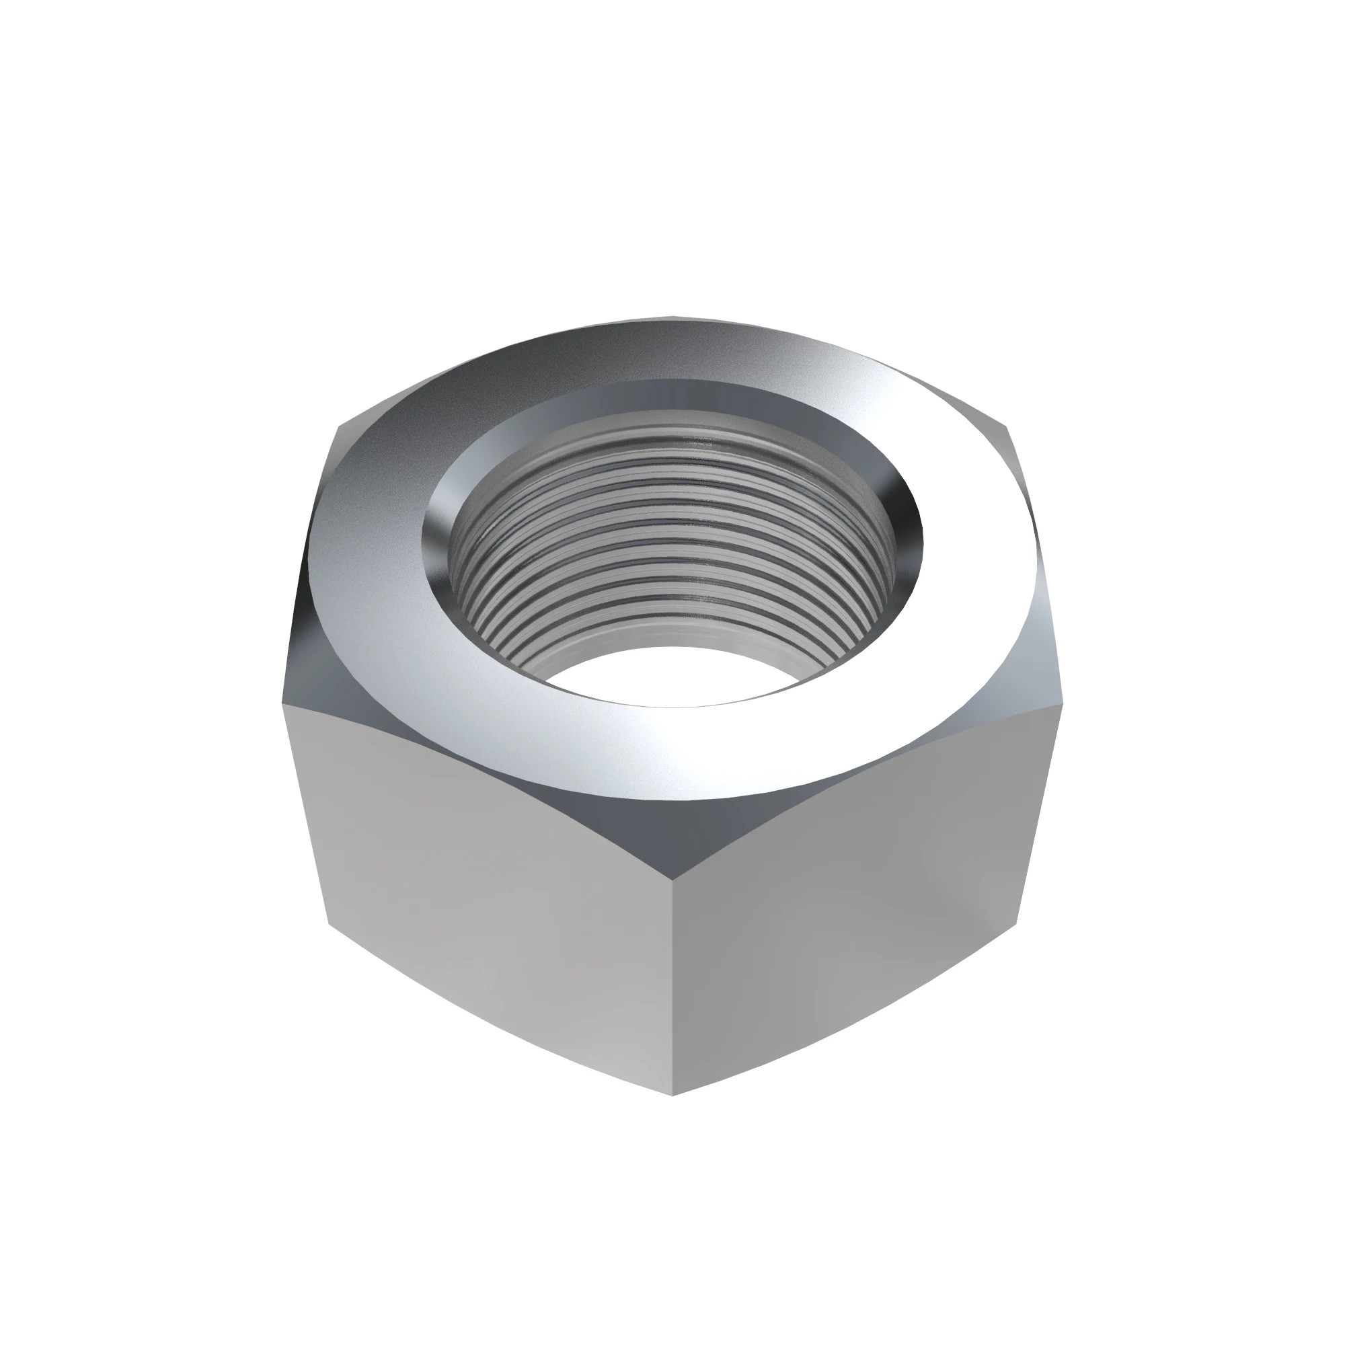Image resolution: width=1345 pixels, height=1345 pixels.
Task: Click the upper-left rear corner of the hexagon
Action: (x=339, y=426)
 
